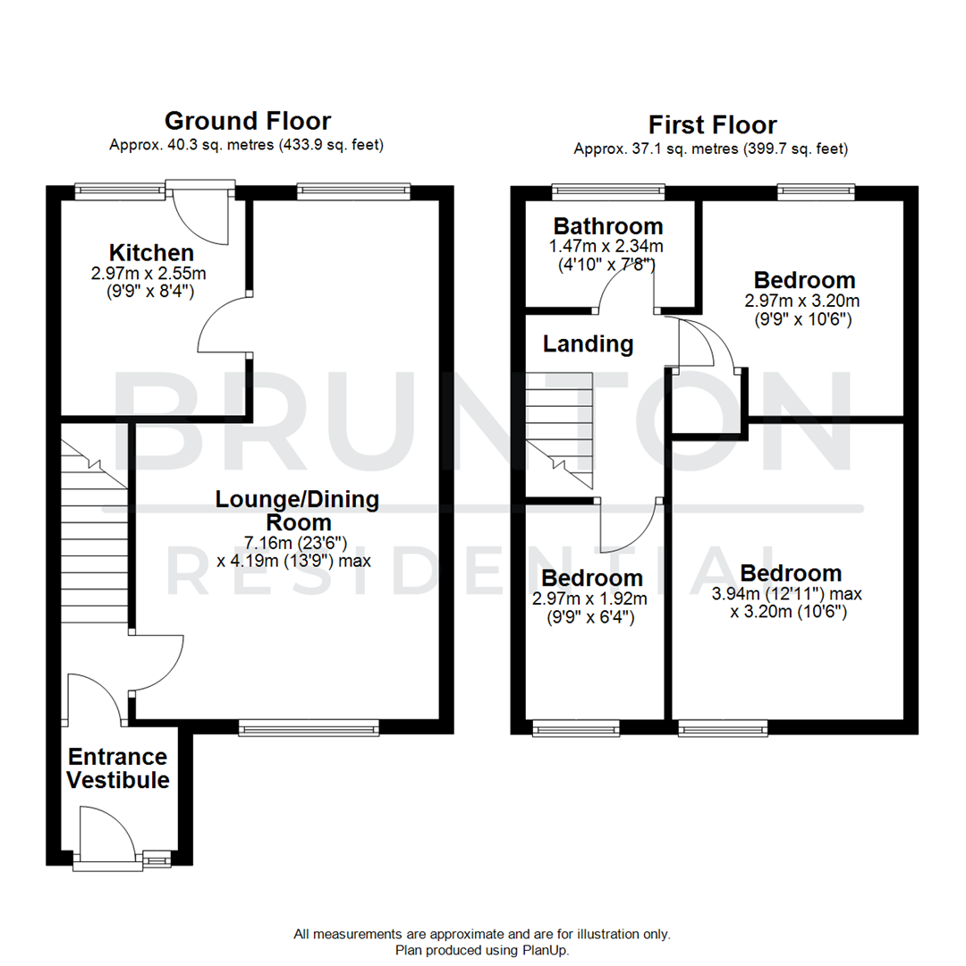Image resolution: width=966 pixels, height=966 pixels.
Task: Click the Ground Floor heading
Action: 247,121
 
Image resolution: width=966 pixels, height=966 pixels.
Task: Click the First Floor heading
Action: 712,124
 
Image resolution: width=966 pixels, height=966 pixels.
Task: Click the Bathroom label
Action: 608,225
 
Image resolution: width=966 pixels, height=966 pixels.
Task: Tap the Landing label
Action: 588,343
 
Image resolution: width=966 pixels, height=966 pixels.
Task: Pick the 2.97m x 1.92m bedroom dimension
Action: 590,597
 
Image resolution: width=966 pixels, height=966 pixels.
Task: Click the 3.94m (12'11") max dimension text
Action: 791,594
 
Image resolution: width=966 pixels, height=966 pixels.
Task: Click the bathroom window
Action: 608,189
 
